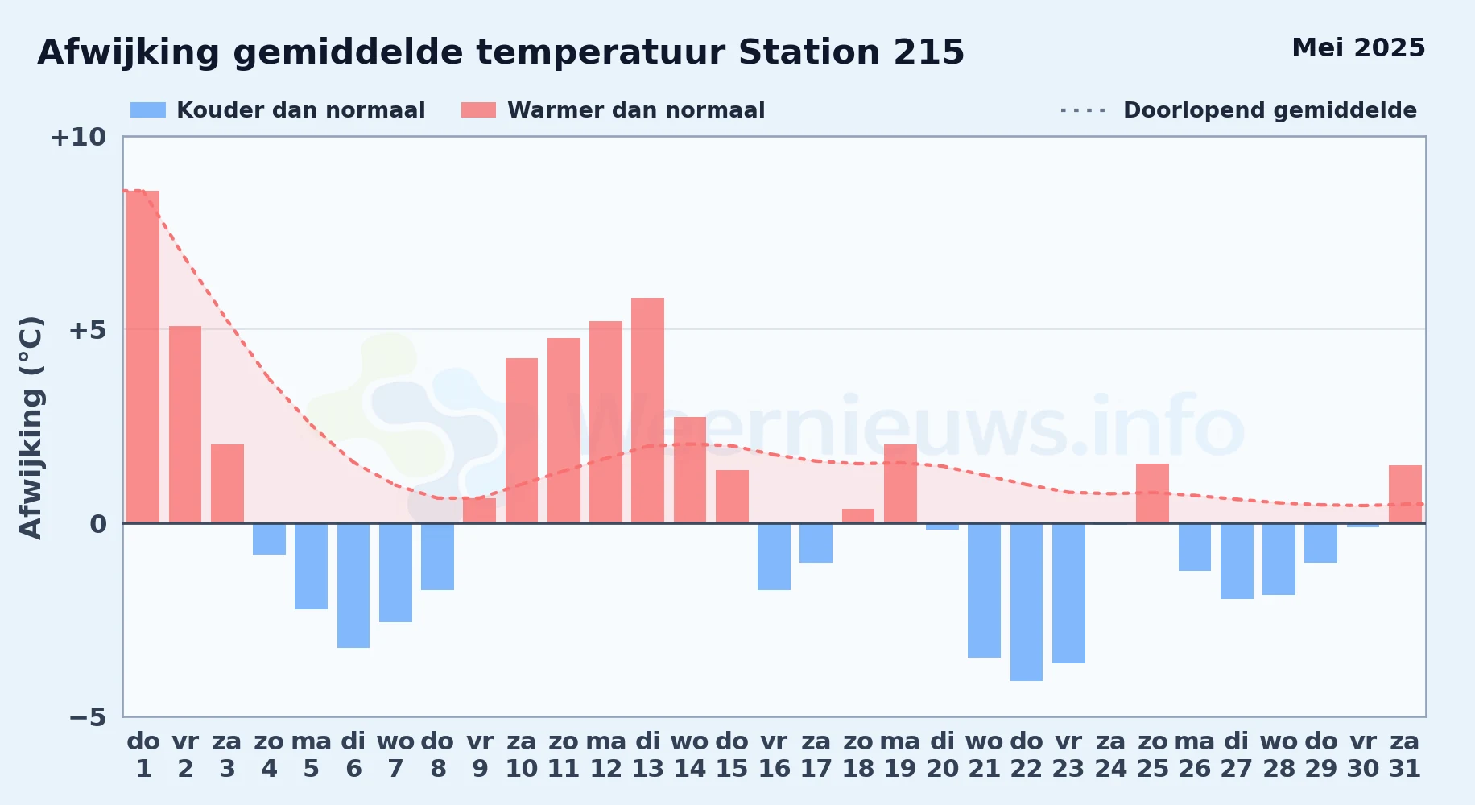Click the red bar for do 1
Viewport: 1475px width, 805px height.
143,357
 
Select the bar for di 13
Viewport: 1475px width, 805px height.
647,411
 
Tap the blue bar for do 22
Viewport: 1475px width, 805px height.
1027,602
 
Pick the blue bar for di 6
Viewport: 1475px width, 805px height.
353,585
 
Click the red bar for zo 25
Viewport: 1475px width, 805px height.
1152,493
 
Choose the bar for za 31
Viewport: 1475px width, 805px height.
1405,494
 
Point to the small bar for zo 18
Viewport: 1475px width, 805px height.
858,516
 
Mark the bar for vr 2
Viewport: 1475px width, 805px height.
185,424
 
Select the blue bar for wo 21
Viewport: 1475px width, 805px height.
984,590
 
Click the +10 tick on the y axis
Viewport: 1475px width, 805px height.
78,138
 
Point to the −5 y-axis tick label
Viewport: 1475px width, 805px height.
88,717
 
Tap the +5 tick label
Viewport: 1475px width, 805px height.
88,330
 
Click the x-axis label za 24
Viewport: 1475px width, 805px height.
1110,754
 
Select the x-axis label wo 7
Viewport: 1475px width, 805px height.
395,754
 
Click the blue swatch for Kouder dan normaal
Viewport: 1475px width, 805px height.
148,110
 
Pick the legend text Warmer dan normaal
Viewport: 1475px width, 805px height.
636,110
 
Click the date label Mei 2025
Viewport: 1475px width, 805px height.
1358,48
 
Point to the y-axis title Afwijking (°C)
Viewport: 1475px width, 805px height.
31,427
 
